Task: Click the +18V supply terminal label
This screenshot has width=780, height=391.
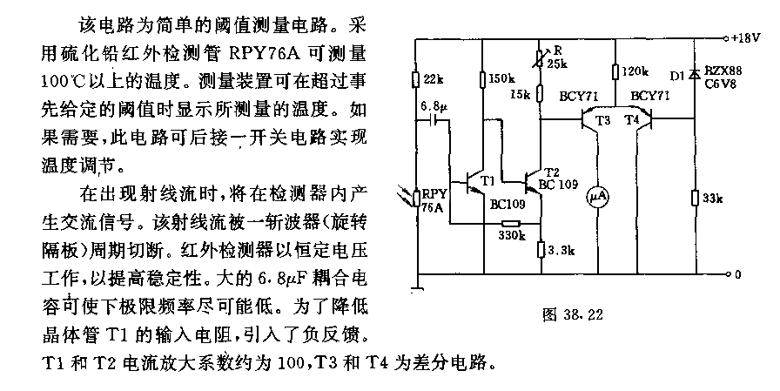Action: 746,37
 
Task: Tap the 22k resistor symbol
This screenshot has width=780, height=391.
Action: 417,79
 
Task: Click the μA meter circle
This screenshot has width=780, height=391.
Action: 598,198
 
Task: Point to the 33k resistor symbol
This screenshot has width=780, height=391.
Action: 696,198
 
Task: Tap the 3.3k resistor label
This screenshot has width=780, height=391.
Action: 561,250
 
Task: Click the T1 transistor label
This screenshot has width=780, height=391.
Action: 488,180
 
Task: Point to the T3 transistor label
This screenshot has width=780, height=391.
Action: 602,120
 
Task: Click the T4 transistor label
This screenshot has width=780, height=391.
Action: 632,119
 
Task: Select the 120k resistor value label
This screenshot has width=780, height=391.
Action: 635,71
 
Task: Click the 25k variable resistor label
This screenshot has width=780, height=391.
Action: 557,64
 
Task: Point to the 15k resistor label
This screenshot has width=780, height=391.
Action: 521,94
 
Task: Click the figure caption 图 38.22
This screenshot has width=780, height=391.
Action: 573,313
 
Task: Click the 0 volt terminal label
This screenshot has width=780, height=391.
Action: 737,274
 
